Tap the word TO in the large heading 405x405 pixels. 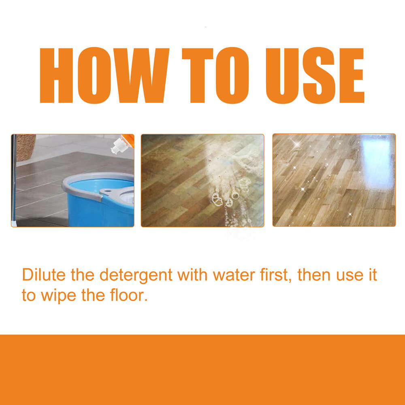coord(215,76)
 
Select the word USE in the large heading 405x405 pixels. coord(315,76)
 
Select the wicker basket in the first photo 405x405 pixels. coord(25,147)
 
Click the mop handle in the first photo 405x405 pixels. coord(14,182)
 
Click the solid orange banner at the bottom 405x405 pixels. coord(202,369)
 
